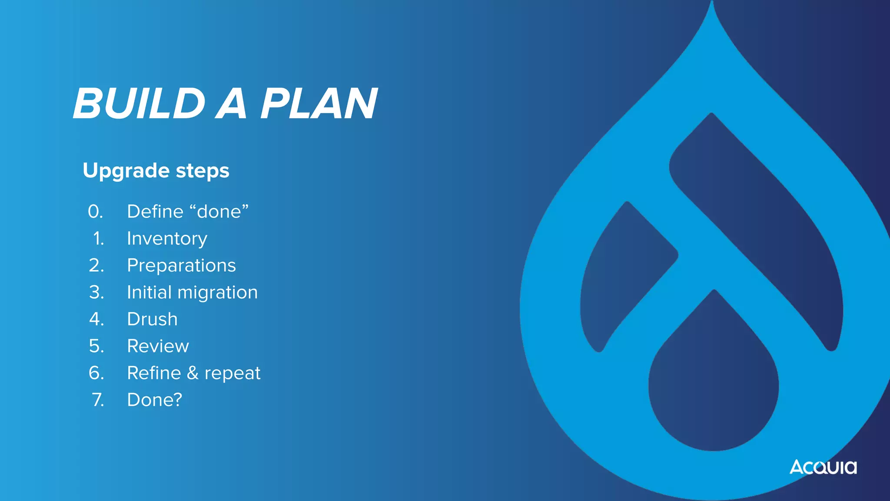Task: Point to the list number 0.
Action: [95, 212]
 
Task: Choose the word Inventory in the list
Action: [167, 239]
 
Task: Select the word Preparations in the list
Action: [181, 265]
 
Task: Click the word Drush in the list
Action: [152, 319]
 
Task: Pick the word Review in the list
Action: [158, 346]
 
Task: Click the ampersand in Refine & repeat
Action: [193, 373]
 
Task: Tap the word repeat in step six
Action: [232, 374]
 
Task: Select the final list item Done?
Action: [154, 400]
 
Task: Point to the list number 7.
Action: [98, 400]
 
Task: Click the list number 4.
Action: [96, 319]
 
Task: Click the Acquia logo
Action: [823, 467]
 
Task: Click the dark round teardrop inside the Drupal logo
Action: [714, 387]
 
